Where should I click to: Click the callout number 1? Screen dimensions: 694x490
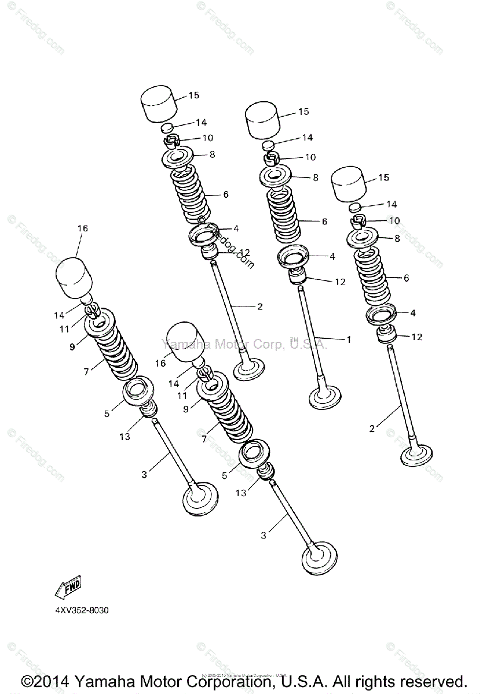pyautogui.click(x=348, y=340)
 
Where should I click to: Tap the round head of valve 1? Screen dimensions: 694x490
pyautogui.click(x=326, y=397)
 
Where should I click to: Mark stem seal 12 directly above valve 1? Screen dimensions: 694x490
pyautogui.click(x=298, y=275)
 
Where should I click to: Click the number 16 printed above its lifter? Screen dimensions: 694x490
pyautogui.click(x=82, y=228)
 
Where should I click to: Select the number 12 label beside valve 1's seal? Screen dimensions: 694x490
pyautogui.click(x=339, y=282)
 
